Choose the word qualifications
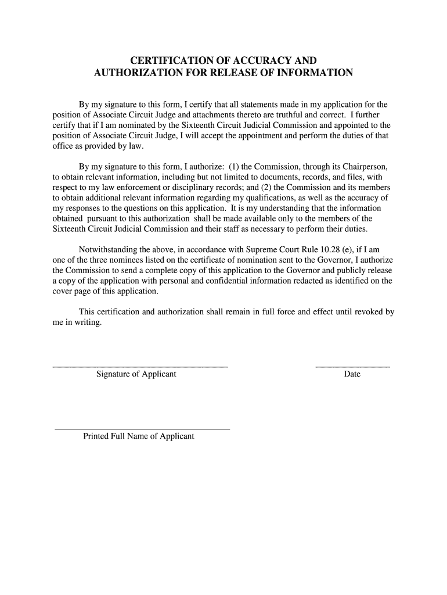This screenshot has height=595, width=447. pos(266,198)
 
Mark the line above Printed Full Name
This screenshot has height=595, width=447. pos(142,429)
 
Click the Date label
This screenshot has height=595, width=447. pos(352,374)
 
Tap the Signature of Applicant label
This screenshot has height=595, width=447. pos(136,374)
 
